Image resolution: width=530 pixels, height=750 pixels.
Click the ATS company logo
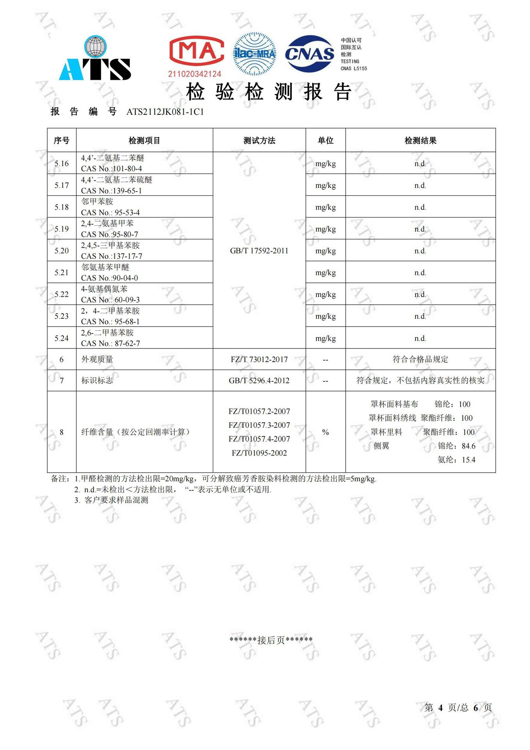coord(95,59)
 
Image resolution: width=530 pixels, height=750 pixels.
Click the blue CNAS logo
coord(309,54)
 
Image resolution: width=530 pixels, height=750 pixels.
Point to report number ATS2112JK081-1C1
coord(165,112)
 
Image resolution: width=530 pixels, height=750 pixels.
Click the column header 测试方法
coord(259,141)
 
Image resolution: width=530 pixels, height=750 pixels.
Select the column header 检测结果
coord(420,141)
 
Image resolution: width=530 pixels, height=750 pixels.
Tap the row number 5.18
coord(61,207)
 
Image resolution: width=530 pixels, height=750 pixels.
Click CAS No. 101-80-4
coord(112,169)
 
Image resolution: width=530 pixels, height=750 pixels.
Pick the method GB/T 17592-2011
coord(259,251)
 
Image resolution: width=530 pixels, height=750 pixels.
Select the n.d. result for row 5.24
coord(420,338)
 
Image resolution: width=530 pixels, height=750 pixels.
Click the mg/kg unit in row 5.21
coord(325,273)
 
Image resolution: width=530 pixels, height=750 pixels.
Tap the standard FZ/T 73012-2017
coord(259,359)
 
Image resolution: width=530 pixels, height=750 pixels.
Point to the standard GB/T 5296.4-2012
coord(259,380)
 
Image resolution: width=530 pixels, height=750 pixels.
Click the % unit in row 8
coord(325,432)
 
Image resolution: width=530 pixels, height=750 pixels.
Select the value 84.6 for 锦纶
coord(468,446)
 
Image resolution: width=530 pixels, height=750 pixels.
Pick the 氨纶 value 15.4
coord(468,460)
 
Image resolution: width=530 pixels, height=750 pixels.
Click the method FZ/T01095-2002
coord(259,453)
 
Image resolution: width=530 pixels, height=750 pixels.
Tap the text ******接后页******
coord(271,640)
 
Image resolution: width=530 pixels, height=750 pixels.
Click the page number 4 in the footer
coord(440,707)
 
